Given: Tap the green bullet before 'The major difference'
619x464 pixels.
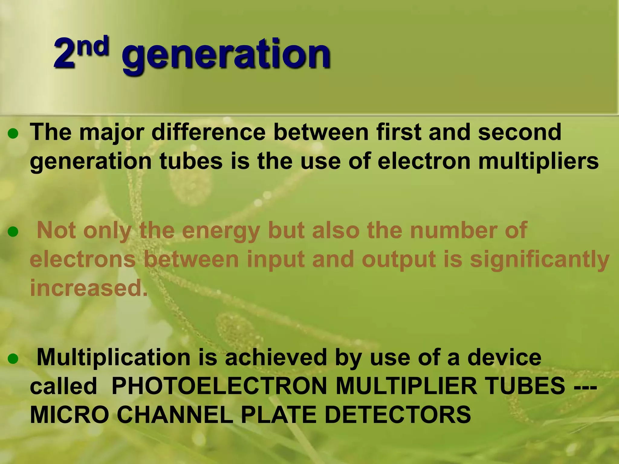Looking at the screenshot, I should [x=13, y=134].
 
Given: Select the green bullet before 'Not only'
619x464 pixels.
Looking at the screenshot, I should [x=13, y=232].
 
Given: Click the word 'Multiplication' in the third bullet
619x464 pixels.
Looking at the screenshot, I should [x=113, y=357].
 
